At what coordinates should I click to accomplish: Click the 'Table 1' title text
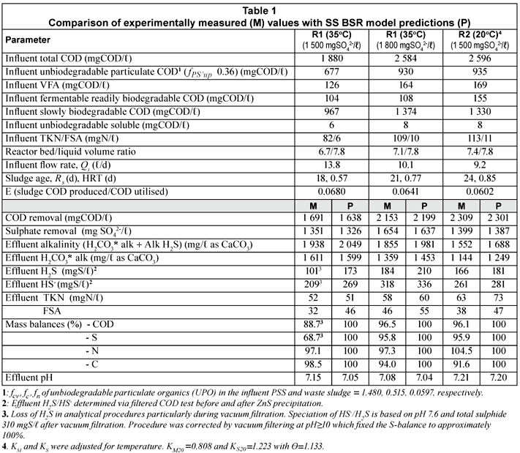coord(259,9)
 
